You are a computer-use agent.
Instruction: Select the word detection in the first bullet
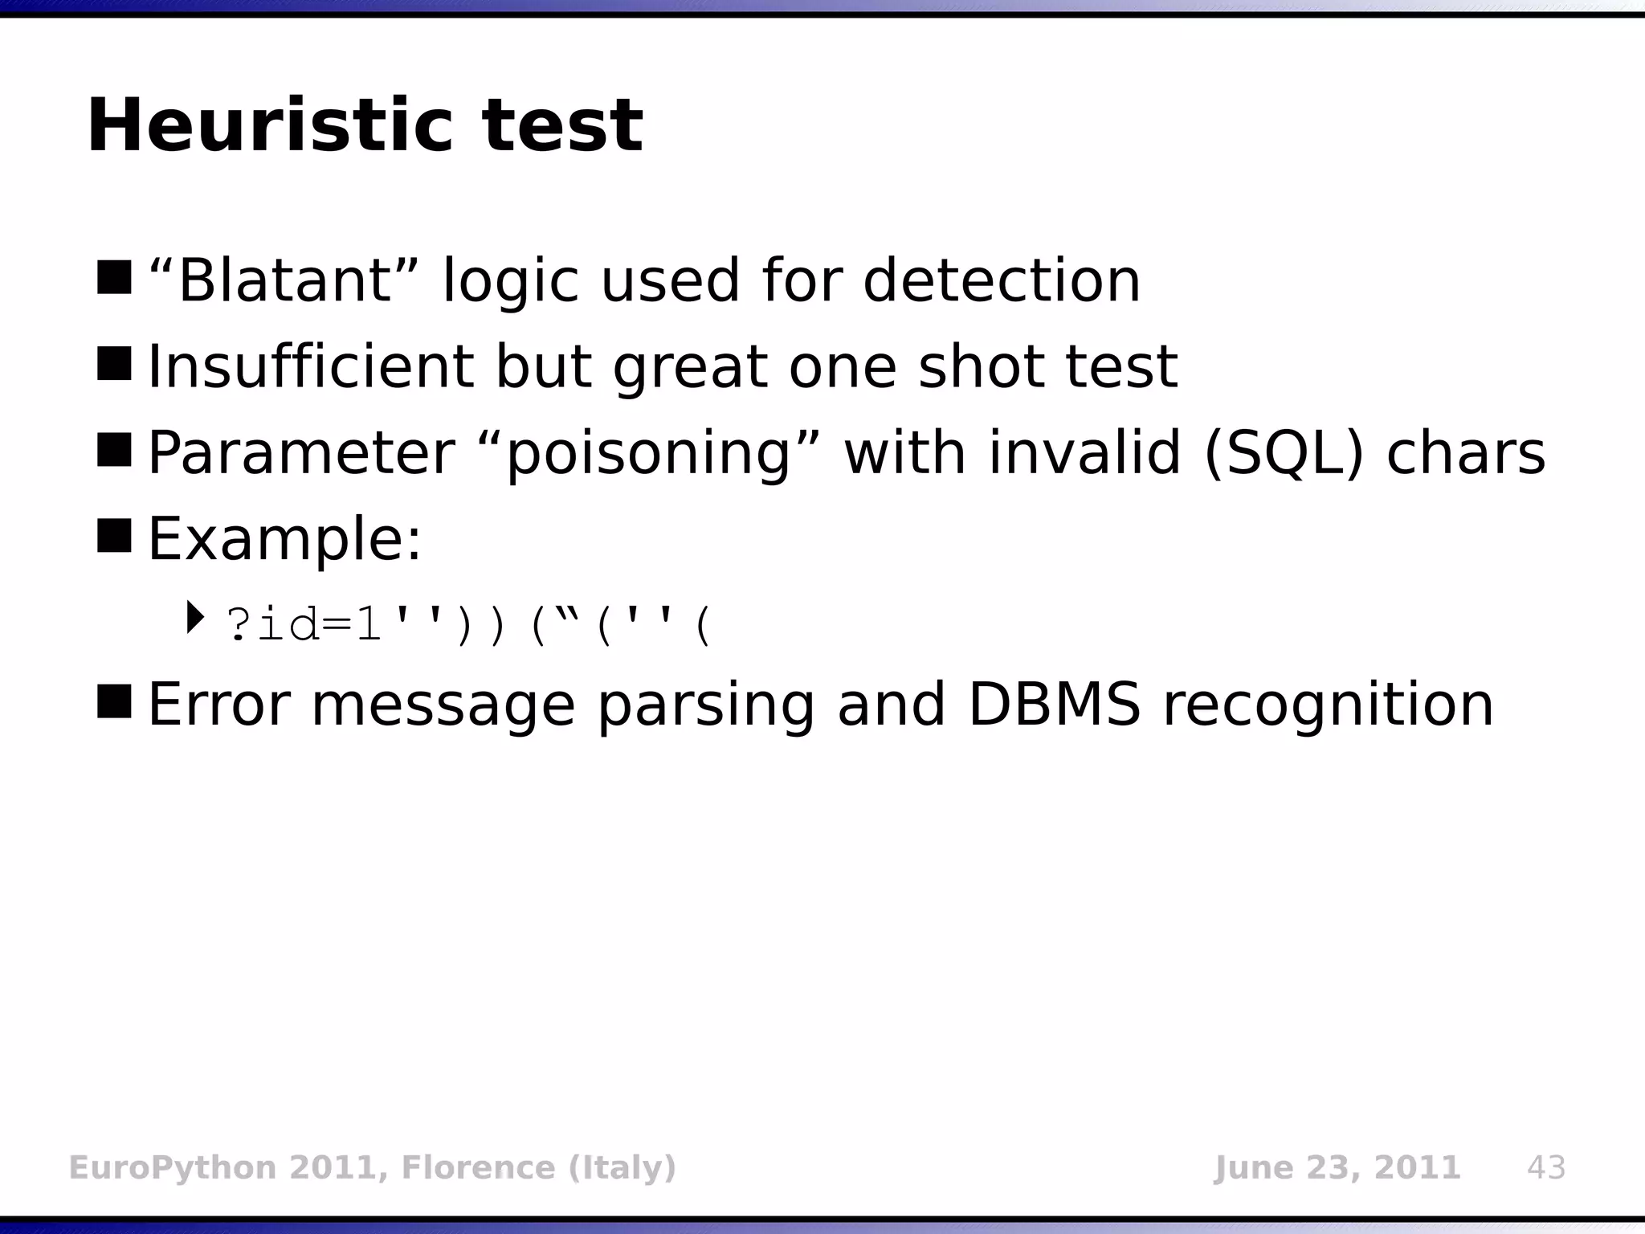pos(1001,280)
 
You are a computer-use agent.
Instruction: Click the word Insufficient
pos(310,367)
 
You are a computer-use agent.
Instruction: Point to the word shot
pos(980,367)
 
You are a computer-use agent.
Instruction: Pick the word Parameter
pos(301,453)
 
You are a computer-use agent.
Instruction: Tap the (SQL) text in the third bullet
pos(1284,453)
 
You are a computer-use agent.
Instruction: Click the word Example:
pos(284,539)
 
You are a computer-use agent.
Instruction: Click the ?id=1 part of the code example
pos(304,625)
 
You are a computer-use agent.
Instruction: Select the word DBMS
pos(1053,705)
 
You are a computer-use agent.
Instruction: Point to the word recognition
pos(1327,705)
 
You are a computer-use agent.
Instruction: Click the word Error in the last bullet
pos(218,705)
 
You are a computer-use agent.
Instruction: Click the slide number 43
pos(1545,1167)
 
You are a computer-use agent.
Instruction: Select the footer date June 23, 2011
pos(1336,1167)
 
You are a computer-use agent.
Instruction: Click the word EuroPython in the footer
pos(172,1167)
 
